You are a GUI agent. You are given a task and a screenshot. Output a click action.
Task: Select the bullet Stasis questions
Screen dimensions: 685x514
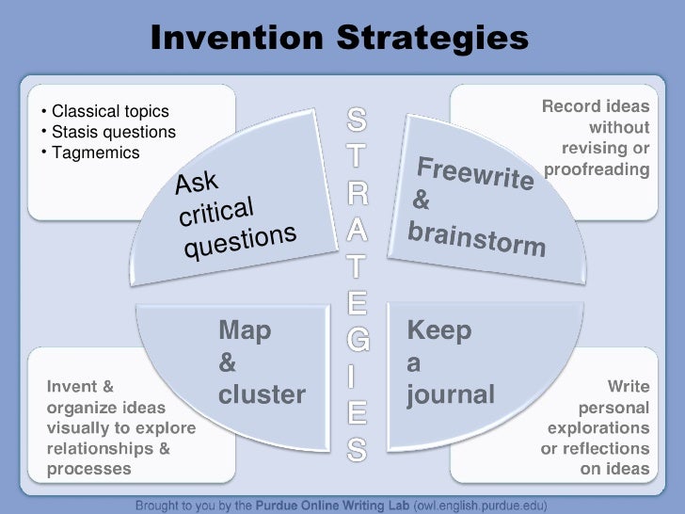point(113,133)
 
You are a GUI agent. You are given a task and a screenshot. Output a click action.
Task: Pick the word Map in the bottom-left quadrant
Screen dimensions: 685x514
point(245,330)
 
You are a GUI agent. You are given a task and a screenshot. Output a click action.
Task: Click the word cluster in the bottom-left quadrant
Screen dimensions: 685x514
point(262,394)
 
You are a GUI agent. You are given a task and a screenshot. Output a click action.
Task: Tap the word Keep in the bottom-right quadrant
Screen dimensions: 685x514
point(439,330)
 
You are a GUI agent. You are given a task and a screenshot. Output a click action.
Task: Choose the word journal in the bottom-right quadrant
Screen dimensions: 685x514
point(451,394)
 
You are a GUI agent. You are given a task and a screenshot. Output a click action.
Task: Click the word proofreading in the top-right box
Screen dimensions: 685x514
point(597,169)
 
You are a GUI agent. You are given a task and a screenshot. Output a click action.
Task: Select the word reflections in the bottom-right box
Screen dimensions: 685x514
point(610,448)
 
